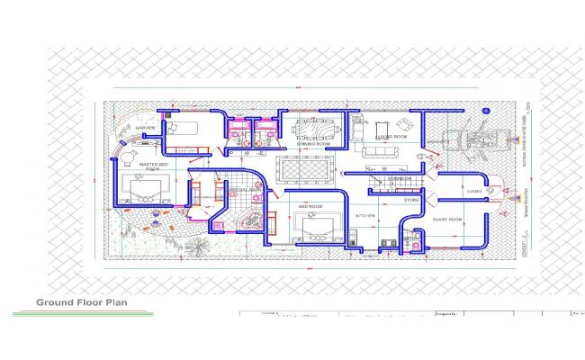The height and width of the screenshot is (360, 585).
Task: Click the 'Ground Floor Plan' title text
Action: [81, 302]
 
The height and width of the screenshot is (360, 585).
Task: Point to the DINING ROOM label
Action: [314, 143]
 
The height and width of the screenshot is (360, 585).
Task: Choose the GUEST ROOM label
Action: [447, 219]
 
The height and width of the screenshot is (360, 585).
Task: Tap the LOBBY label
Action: [474, 191]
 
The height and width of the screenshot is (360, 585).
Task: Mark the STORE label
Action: [411, 200]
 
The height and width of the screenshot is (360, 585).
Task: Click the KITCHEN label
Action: [364, 217]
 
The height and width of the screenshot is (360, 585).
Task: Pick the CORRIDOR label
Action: [400, 178]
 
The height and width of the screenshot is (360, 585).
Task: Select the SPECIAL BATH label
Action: [245, 190]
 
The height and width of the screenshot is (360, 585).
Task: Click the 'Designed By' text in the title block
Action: [447, 314]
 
